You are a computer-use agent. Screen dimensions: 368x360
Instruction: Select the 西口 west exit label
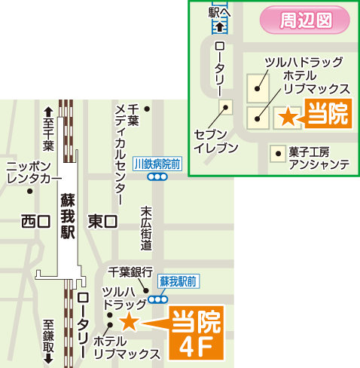point(35,221)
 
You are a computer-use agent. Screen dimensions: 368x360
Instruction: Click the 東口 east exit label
point(103,221)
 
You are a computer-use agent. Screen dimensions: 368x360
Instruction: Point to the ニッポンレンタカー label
point(33,172)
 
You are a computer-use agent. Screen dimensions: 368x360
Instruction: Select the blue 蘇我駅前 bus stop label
point(178,281)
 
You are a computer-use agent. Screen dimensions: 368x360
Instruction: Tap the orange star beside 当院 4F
point(129,323)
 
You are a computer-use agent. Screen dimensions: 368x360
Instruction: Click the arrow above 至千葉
point(48,109)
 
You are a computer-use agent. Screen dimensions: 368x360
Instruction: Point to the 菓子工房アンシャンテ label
point(319,158)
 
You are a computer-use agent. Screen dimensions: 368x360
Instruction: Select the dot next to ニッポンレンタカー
point(30,191)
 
